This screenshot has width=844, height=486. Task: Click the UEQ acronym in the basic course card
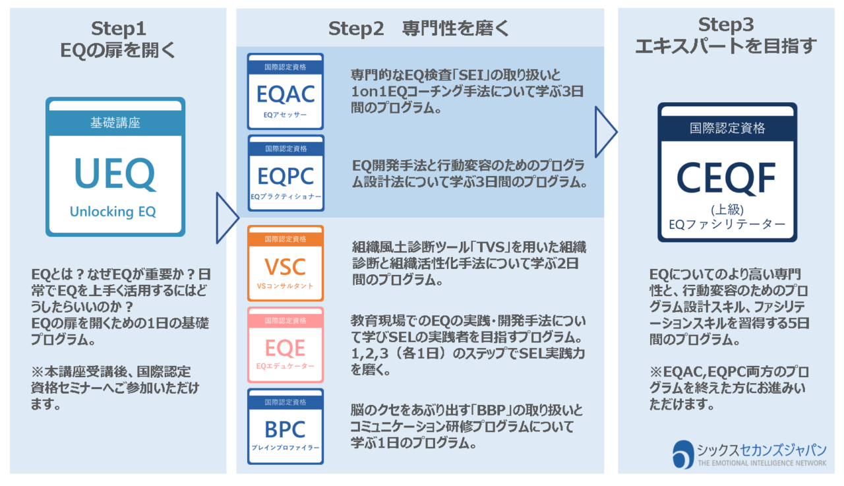(x=115, y=173)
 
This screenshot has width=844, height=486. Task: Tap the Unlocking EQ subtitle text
(x=115, y=212)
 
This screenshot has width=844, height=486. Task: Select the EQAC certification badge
(x=286, y=92)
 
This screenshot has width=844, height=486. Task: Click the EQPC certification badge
(x=286, y=173)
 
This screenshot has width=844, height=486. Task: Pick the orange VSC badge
(x=286, y=264)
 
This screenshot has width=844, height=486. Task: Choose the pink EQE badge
(x=286, y=344)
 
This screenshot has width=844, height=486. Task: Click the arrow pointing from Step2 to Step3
(x=606, y=132)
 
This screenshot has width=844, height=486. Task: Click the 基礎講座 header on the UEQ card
(x=115, y=122)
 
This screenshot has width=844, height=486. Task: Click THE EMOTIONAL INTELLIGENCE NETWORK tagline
(x=762, y=464)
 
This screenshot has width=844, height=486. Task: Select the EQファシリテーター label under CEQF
(x=727, y=224)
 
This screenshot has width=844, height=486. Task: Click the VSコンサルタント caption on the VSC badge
(x=286, y=286)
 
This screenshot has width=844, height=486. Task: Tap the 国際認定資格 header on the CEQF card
(x=727, y=128)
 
